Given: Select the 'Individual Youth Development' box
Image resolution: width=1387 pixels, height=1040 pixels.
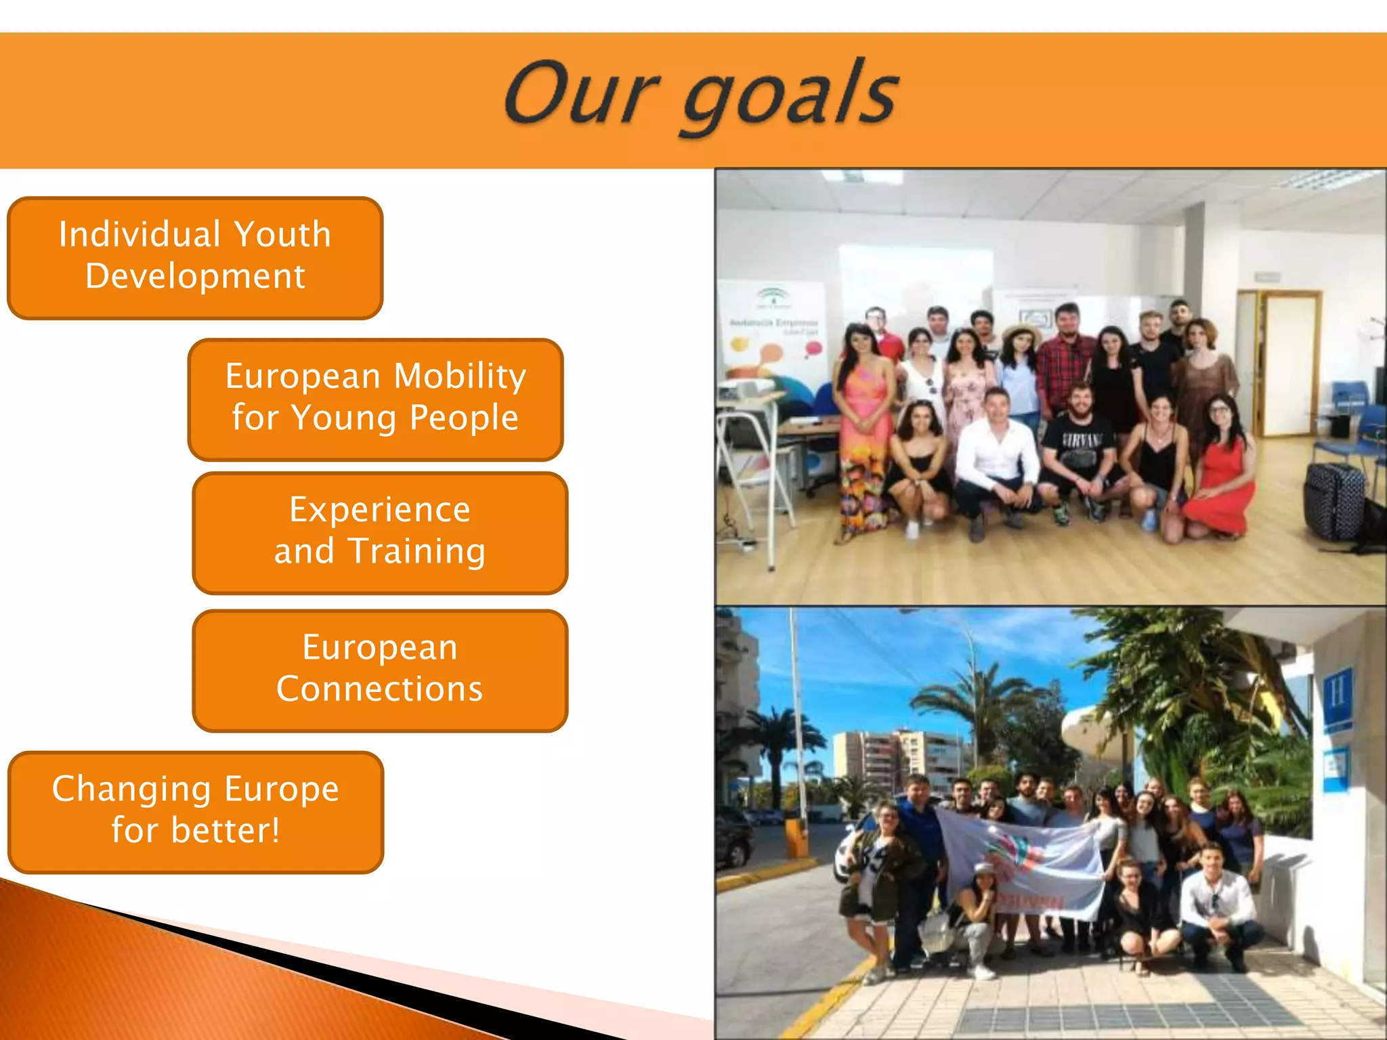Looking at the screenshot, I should (195, 258).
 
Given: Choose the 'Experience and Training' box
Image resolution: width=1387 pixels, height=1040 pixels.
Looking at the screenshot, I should (379, 533).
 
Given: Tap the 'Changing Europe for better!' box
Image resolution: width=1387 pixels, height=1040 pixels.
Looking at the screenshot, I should (195, 812).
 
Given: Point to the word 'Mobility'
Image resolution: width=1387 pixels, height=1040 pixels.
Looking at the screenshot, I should (460, 376).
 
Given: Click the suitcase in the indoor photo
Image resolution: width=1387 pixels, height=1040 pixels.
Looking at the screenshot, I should (1333, 501).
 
